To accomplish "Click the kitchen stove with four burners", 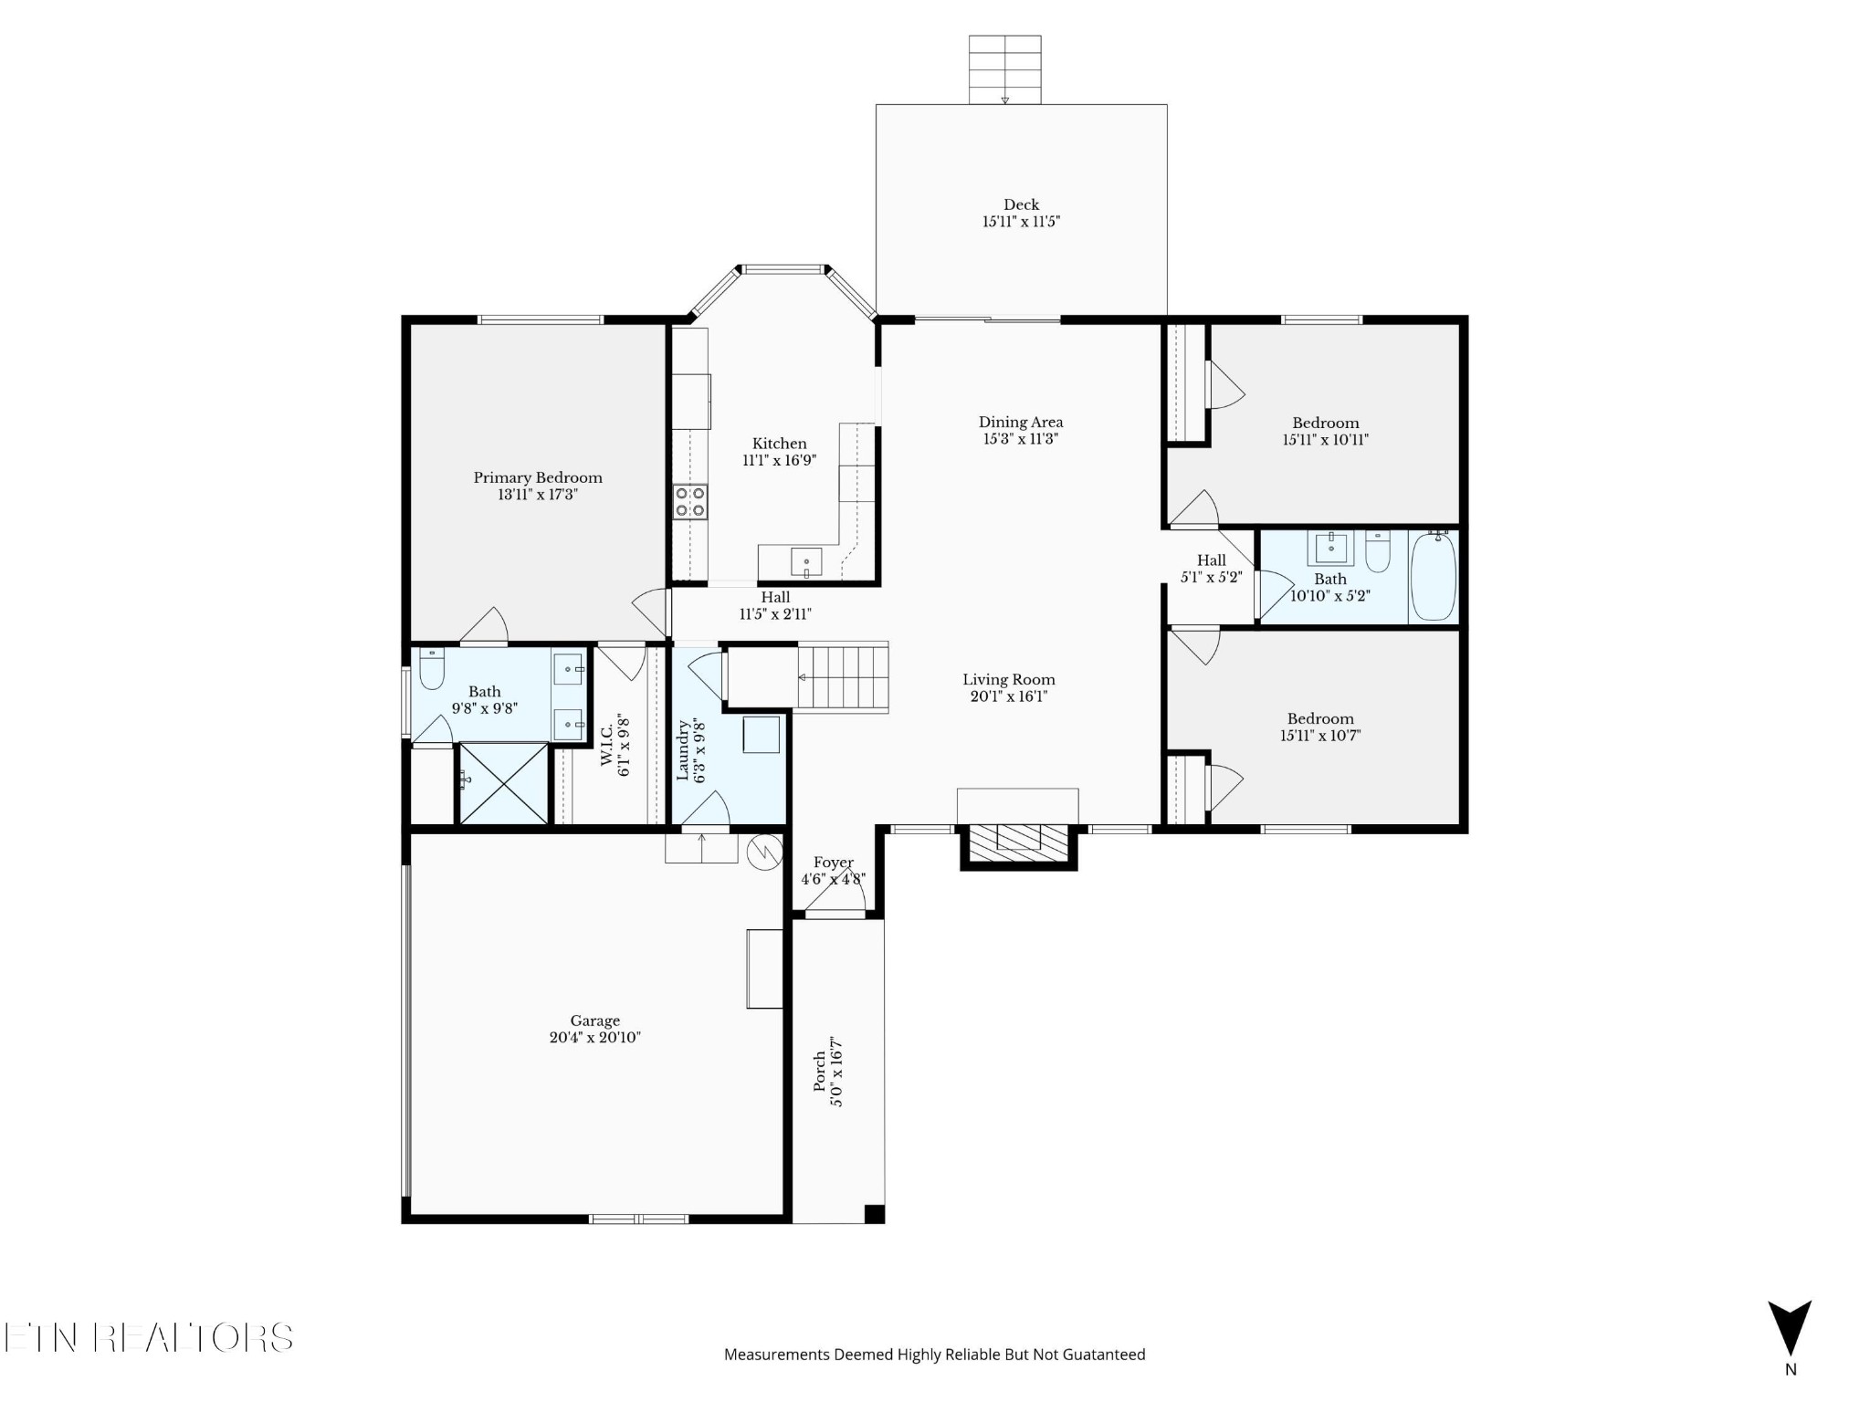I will tap(690, 502).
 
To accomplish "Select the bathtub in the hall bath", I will tap(1433, 577).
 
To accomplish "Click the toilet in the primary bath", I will tap(431, 672).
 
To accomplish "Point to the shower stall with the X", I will tap(503, 783).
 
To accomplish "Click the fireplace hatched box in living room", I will tap(1018, 838).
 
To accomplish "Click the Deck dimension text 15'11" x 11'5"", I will tap(1021, 222).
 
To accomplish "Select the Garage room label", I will tap(595, 1020).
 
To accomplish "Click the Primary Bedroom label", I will tap(538, 477).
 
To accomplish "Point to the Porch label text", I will tap(819, 1072).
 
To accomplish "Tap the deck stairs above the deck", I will tap(1004, 69).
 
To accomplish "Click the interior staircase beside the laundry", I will tap(842, 678).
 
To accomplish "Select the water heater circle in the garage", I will tap(764, 852).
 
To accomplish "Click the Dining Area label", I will tap(1021, 422).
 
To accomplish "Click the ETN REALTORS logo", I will tap(148, 1338).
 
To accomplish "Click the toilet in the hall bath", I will tap(1378, 553).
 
